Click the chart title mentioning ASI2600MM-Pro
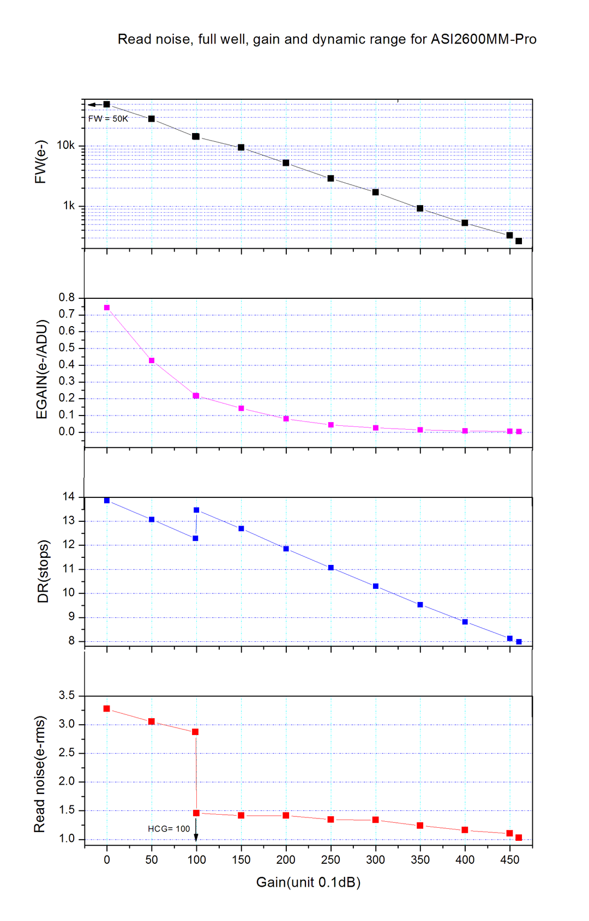pos(327,39)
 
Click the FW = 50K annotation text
pos(108,118)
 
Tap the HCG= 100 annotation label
pos(169,829)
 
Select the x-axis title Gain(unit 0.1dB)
pos(308,882)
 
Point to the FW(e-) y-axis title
pos(41,162)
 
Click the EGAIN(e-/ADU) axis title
pos(42,369)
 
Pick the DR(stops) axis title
pos(43,571)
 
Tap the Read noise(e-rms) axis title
pos(40,774)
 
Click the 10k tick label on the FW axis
pos(65,146)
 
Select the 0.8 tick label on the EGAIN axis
pos(67,298)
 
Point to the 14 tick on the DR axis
pos(69,497)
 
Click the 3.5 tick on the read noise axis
pos(67,695)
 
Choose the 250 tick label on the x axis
pos(330,860)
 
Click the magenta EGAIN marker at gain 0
pos(107,308)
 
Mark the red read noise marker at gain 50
pos(152,721)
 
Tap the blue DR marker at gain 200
pos(286,549)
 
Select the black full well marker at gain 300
pos(375,192)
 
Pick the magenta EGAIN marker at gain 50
pos(152,360)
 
